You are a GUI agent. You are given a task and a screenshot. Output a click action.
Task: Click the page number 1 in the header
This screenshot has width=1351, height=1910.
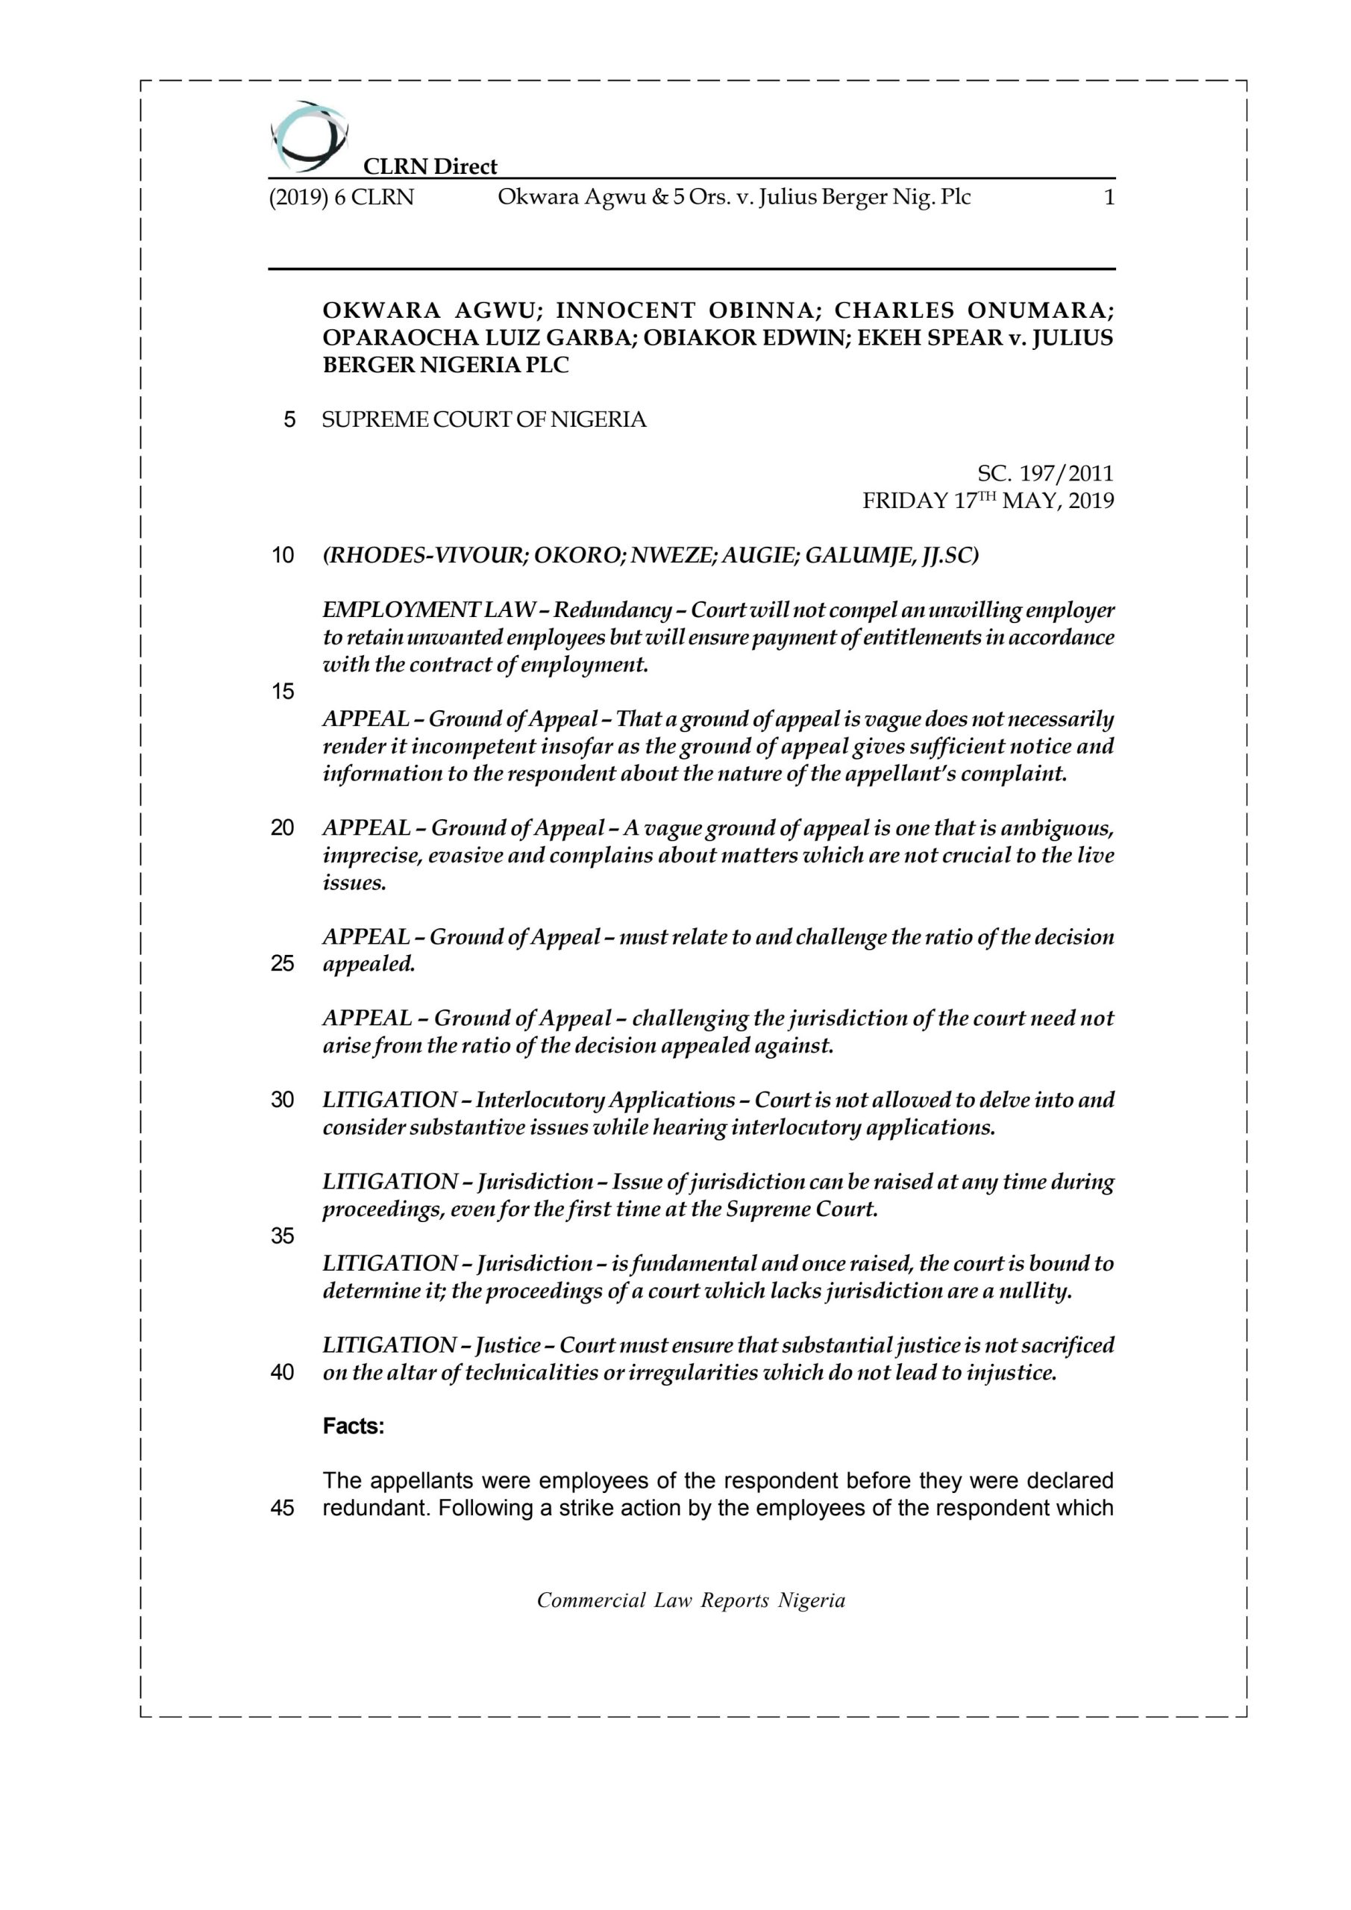1107,198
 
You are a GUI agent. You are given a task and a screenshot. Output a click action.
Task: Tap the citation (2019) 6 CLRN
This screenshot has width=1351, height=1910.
341,198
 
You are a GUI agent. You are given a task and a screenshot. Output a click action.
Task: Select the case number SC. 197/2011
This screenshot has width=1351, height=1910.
1045,475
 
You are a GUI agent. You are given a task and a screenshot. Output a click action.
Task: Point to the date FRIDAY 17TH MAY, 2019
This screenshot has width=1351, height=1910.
988,501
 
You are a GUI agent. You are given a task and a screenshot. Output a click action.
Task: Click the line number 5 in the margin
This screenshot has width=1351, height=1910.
289,419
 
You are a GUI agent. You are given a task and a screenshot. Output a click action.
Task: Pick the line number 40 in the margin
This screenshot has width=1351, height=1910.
283,1373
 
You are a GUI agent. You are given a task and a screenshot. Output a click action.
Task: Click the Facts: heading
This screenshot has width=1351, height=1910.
354,1427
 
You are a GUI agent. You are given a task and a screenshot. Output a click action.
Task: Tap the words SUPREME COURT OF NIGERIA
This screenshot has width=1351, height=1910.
484,419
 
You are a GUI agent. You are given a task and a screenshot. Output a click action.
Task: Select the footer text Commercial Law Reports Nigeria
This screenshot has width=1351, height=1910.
691,1600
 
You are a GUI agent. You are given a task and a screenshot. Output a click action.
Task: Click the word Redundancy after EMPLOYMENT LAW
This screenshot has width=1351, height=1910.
613,610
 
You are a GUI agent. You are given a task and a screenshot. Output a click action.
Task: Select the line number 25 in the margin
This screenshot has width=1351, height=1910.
283,964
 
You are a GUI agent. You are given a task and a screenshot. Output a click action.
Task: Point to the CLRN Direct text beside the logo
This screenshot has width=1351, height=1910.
430,166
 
